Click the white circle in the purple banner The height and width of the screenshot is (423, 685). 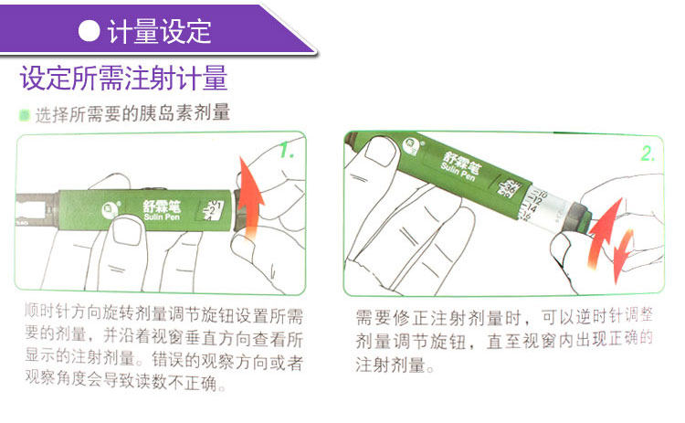(90, 31)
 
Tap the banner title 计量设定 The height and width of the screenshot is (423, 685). (159, 31)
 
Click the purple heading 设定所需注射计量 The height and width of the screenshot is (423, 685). (123, 78)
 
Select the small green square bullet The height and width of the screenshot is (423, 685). (24, 115)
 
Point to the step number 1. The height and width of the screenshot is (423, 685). (287, 151)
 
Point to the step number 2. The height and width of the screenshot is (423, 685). (648, 153)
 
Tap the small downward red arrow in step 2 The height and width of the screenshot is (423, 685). (624, 256)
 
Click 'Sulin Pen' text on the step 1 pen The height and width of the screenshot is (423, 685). (162, 217)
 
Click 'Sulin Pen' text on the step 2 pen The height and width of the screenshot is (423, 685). (458, 172)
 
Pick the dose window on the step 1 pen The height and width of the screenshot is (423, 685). (211, 210)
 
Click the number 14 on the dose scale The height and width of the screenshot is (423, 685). (532, 208)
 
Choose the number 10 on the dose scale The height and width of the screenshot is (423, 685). (543, 194)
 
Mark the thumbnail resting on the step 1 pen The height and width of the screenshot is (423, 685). (126, 231)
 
